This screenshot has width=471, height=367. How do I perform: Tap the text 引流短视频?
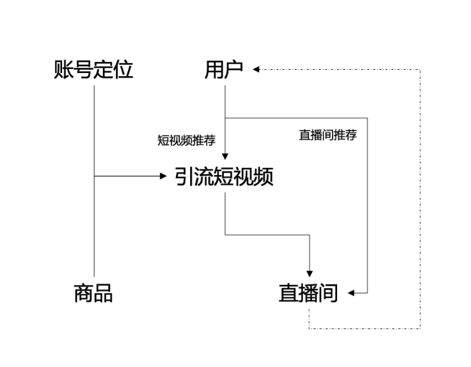point(224,176)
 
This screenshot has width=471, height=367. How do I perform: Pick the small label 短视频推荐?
point(186,141)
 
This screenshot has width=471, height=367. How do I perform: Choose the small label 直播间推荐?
point(327,136)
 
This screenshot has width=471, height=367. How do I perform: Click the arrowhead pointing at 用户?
point(256,68)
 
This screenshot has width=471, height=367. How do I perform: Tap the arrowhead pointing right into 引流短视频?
point(164,176)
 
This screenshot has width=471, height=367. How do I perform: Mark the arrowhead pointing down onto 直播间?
point(310,273)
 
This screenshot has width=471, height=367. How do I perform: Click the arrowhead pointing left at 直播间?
point(351,293)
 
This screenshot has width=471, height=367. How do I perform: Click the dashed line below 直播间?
point(362,328)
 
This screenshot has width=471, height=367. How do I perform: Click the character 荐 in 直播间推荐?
point(351,136)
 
